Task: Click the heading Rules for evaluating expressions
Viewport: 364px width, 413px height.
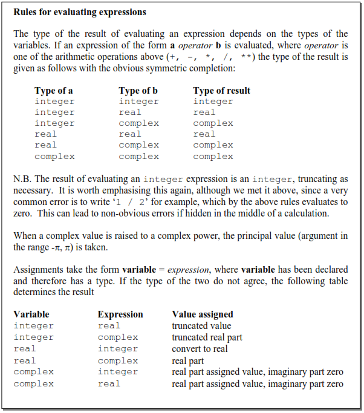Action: [80, 12]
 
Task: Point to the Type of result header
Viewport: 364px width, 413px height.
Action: [221, 91]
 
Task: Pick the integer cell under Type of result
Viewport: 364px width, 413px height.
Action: [213, 102]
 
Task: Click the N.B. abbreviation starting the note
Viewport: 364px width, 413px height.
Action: [23, 179]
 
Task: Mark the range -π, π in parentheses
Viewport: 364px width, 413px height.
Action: [63, 247]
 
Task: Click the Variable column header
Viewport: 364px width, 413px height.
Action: [31, 314]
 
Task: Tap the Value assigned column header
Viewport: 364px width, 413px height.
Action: [203, 314]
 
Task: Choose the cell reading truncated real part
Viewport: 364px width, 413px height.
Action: [207, 337]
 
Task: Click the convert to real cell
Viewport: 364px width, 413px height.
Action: [200, 349]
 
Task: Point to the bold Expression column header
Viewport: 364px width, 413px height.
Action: [120, 314]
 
